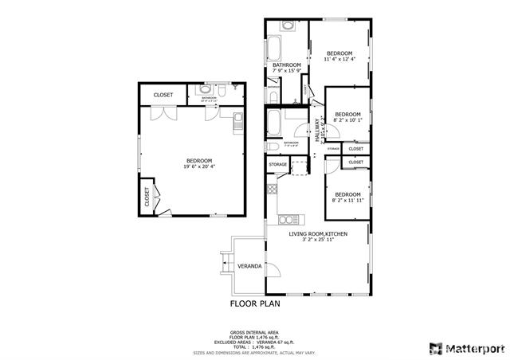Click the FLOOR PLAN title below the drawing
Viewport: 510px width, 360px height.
point(255,303)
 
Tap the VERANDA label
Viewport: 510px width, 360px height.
point(250,265)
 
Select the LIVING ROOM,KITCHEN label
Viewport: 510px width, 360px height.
point(317,234)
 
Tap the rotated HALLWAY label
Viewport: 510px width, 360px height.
point(316,131)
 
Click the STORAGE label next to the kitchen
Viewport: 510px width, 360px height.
point(277,165)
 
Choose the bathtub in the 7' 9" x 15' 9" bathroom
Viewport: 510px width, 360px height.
point(273,49)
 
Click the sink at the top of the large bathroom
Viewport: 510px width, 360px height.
point(288,25)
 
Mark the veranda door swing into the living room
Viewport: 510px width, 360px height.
point(272,269)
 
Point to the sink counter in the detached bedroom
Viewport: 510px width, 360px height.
point(237,122)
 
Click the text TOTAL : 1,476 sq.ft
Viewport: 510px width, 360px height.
point(254,347)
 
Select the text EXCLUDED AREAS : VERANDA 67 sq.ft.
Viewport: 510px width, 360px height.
point(254,342)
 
